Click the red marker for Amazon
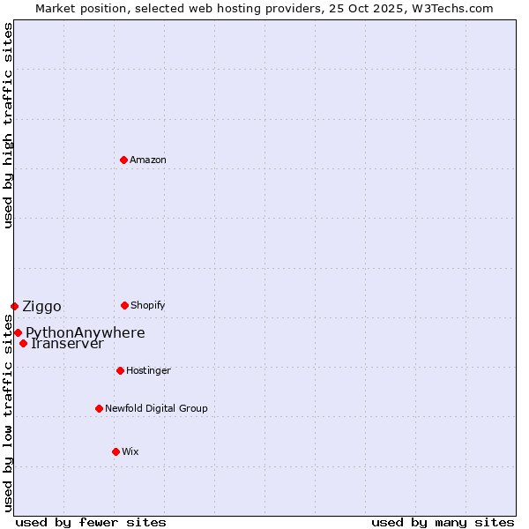(123, 160)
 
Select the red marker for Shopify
(124, 305)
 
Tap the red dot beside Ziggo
(14, 306)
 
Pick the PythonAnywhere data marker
(18, 332)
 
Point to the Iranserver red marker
(23, 343)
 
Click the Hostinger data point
(120, 370)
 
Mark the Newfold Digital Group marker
(99, 408)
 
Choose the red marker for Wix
(115, 451)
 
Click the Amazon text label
(148, 160)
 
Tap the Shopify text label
(148, 305)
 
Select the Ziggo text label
(41, 306)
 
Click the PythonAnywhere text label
(85, 332)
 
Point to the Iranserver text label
(67, 343)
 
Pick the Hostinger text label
(148, 370)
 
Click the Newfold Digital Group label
(156, 408)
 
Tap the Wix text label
(130, 451)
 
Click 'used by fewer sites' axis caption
(91, 522)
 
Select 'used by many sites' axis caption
(443, 522)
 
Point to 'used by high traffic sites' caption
(8, 125)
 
